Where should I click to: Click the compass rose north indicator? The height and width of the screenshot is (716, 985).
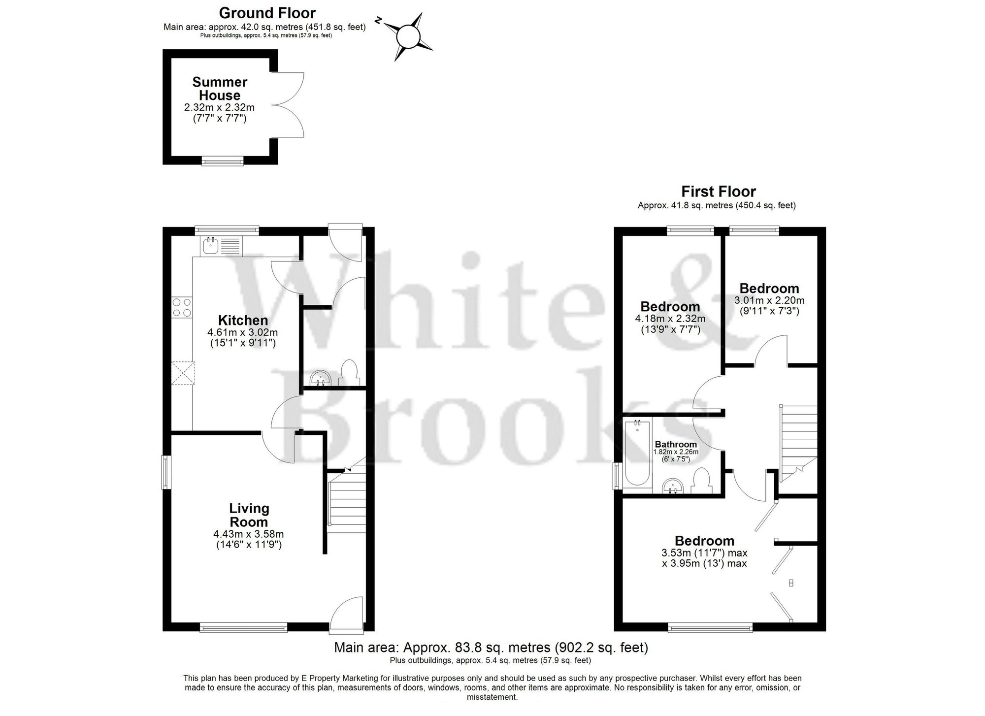click(379, 20)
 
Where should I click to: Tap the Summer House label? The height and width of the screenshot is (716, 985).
click(220, 89)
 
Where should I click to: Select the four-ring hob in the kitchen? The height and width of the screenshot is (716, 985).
click(182, 307)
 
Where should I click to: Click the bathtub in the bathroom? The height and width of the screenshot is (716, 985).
click(637, 455)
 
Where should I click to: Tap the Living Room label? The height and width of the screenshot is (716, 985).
click(249, 515)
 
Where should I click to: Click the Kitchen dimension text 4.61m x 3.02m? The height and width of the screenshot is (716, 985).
click(243, 333)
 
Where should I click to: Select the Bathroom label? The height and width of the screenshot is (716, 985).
click(676, 444)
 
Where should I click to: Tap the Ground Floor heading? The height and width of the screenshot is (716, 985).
click(267, 13)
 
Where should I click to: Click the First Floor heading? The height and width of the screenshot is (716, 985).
click(718, 191)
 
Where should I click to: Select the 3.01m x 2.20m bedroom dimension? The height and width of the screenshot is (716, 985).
click(769, 300)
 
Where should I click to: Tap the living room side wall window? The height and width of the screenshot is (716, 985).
click(166, 472)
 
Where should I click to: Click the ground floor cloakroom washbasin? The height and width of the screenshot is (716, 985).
click(321, 378)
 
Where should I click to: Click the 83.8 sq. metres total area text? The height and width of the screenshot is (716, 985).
click(491, 647)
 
